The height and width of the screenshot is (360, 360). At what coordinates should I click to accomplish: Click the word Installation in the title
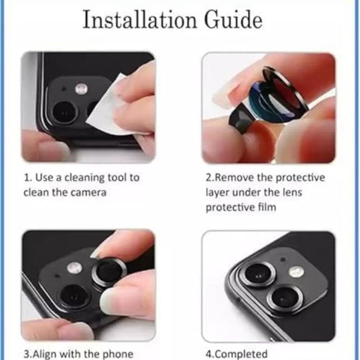pos(140,19)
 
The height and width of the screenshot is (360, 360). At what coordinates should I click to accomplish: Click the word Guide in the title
pos(233,19)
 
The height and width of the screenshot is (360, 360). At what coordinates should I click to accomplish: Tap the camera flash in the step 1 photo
pos(81,88)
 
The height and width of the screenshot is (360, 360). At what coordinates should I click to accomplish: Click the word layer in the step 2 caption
pos(217,193)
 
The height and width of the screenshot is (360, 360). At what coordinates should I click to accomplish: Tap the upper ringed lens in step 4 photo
pos(258,274)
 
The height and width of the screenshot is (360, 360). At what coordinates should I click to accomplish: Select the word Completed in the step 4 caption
pos(241,355)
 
